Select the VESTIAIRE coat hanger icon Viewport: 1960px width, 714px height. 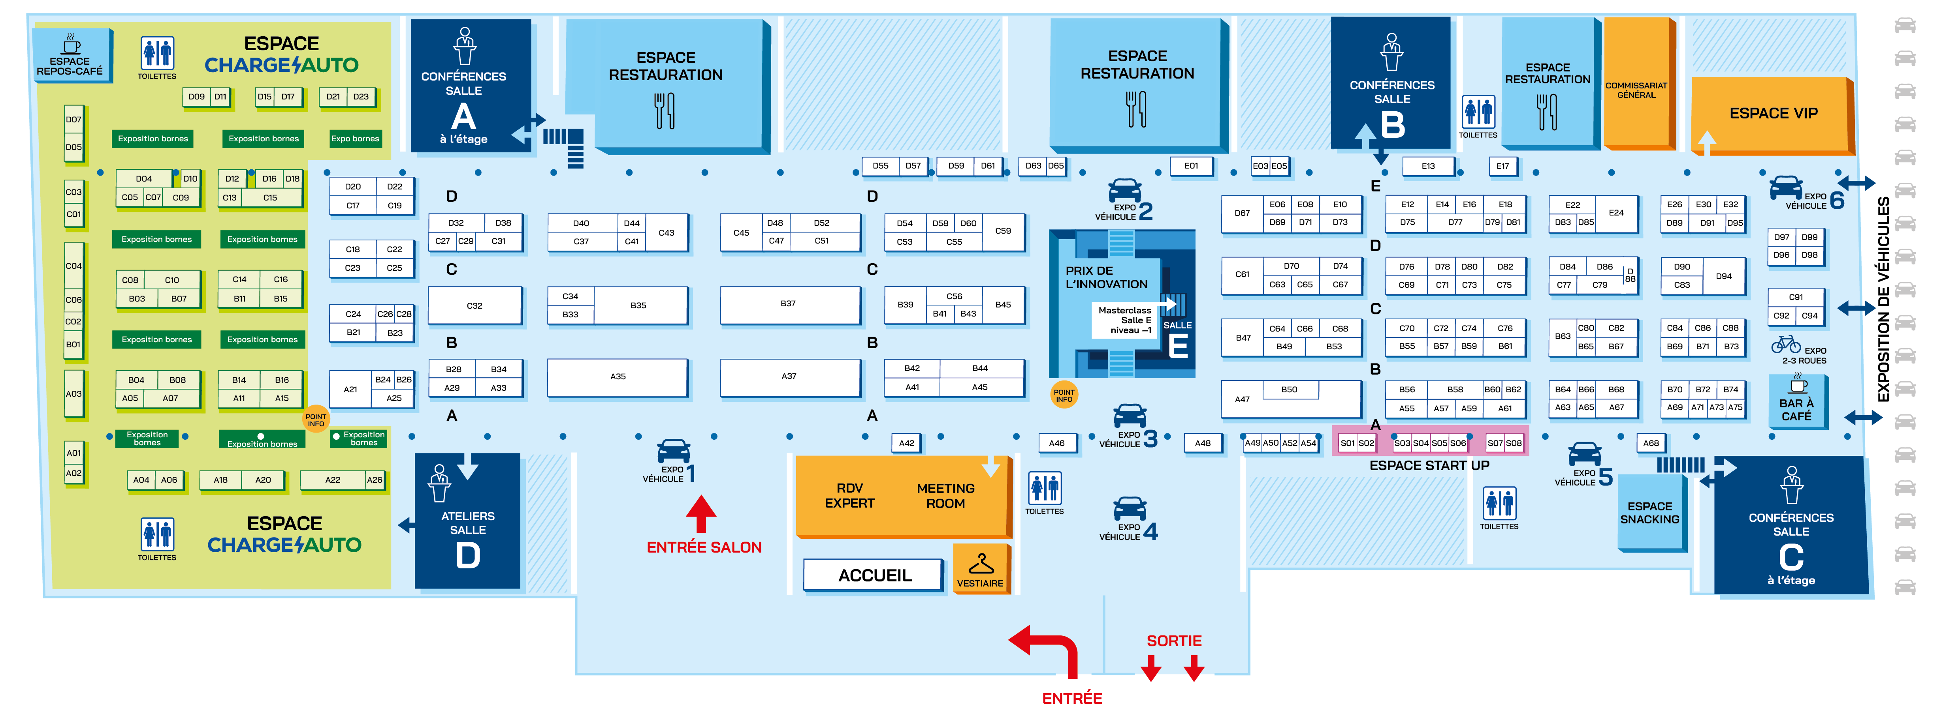click(980, 564)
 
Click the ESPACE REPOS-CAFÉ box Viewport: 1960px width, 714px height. click(70, 56)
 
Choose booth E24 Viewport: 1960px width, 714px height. click(1615, 213)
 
